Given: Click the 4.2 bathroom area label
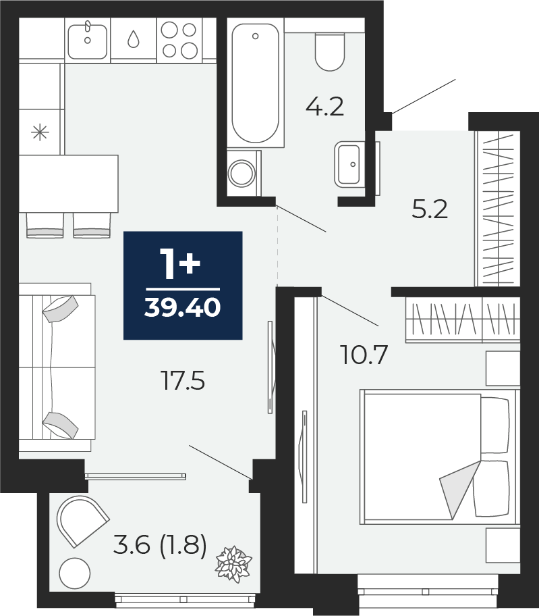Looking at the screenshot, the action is tap(324, 107).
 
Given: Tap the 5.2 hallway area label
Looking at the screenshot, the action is tap(430, 209).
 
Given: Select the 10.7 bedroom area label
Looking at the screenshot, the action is tap(365, 355).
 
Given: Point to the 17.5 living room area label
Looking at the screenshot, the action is tap(183, 381).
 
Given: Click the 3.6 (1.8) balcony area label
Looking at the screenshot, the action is tap(160, 545).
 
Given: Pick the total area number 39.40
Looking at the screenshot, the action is tap(182, 307).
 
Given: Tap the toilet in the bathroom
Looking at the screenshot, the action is tap(329, 51).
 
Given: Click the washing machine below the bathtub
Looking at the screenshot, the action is tap(244, 172).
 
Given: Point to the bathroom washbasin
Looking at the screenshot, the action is tap(347, 164).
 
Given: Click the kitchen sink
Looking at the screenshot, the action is tap(88, 41).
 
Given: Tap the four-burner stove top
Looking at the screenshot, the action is tap(179, 40).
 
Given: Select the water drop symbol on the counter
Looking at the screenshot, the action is tap(134, 39).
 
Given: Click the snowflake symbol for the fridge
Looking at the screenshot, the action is tap(40, 132).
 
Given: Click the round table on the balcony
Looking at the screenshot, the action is tap(75, 573).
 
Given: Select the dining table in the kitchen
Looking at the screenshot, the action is tap(69, 184).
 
